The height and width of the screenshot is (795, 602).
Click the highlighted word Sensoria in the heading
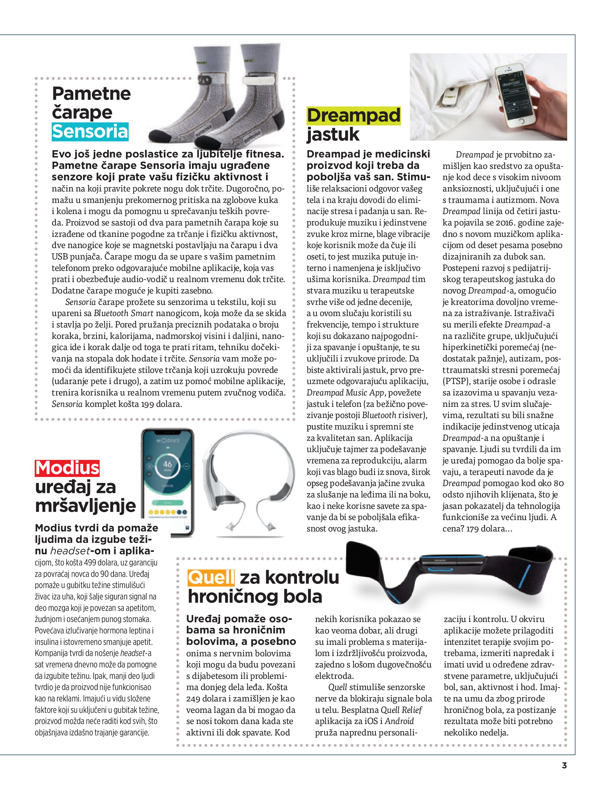point(90,132)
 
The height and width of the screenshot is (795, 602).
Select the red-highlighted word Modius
point(67,468)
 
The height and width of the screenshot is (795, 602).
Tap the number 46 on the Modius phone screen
point(167,464)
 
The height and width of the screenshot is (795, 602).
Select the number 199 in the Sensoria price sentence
point(147,404)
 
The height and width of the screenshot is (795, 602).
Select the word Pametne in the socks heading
point(92,94)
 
